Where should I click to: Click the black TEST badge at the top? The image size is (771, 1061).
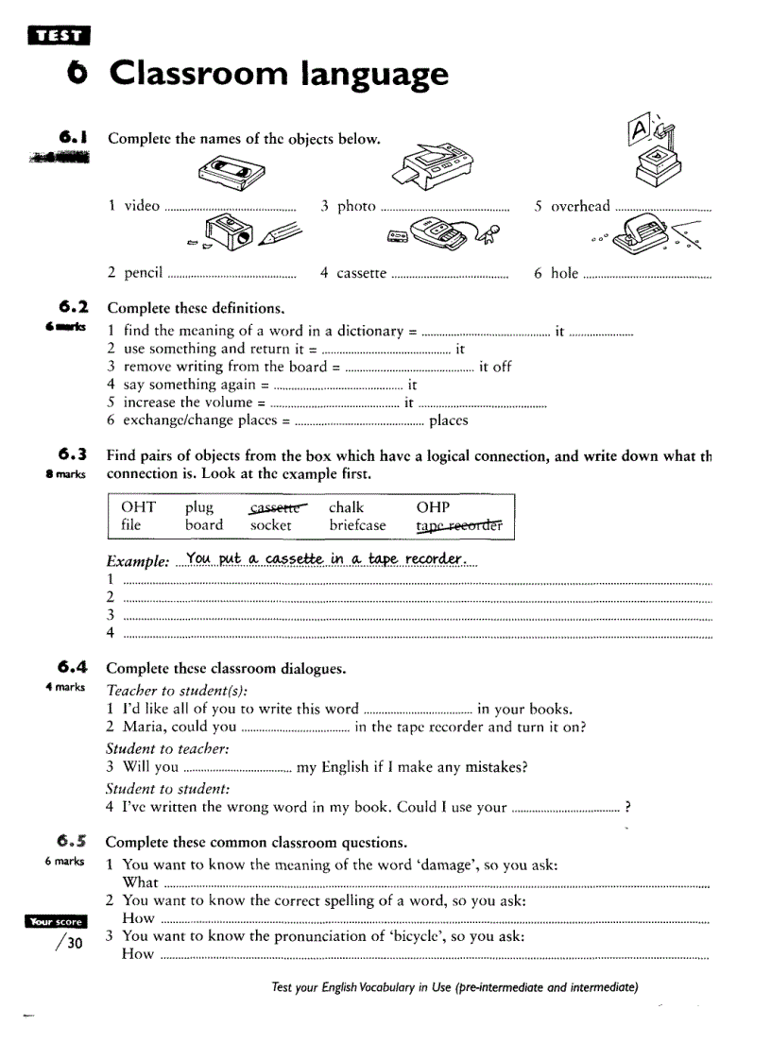pos(59,36)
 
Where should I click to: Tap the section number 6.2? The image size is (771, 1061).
pos(73,306)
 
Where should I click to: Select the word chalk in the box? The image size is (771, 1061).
pos(346,507)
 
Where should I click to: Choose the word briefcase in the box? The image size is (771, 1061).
pos(357,525)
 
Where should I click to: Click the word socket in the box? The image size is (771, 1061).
pos(271,525)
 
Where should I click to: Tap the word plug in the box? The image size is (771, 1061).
pos(199,507)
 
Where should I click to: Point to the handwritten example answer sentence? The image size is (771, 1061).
pos(326,559)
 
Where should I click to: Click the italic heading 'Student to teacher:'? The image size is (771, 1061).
pos(167,748)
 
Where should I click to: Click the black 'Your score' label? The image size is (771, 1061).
pos(57,921)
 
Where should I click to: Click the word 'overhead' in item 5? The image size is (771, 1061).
pos(580,206)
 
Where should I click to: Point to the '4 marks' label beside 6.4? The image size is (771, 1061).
pos(64,687)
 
